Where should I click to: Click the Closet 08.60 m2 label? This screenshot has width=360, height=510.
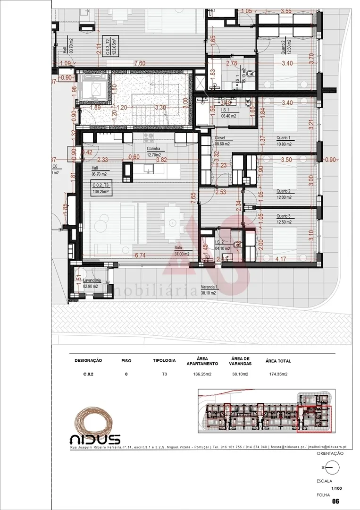coord(222,141)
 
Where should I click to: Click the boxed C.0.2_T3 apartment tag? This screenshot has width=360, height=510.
coord(100,188)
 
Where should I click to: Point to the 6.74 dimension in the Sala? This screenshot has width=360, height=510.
coord(140,255)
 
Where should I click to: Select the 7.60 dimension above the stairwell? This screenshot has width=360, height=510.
coord(139,63)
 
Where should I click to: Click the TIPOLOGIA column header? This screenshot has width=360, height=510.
coord(164,360)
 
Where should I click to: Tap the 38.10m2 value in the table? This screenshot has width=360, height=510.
coord(240,374)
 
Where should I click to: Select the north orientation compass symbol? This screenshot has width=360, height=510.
coord(329,467)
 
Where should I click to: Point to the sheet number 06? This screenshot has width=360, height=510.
coord(335,501)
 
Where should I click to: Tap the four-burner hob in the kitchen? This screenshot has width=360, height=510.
coord(149,138)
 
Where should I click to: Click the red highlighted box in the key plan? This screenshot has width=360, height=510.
coord(314,418)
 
